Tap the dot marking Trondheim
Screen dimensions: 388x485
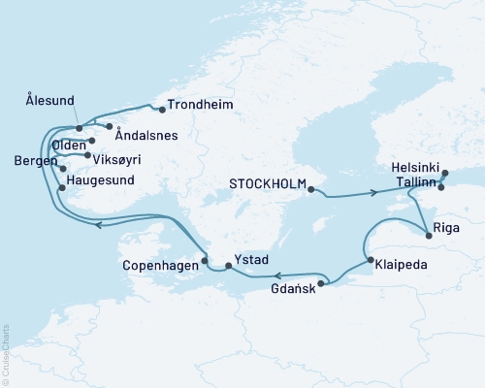pyautogui.click(x=162, y=109)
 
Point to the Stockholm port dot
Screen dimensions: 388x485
pyautogui.click(x=310, y=189)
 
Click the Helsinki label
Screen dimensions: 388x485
pyautogui.click(x=416, y=167)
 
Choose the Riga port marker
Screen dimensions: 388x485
pyautogui.click(x=428, y=233)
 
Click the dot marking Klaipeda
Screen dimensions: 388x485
pyautogui.click(x=370, y=259)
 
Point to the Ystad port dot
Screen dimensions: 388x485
pyautogui.click(x=227, y=265)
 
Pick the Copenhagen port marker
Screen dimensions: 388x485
pyautogui.click(x=205, y=260)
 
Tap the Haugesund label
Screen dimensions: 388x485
pyautogui.click(x=100, y=179)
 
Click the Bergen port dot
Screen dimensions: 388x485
pyautogui.click(x=63, y=169)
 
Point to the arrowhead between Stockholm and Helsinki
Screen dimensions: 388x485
pyautogui.click(x=373, y=193)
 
